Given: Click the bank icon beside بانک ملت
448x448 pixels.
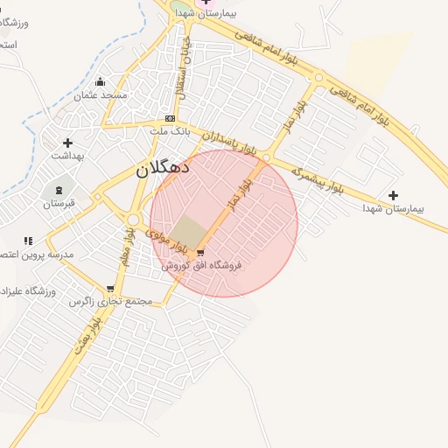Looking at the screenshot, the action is pyautogui.click(x=170, y=119).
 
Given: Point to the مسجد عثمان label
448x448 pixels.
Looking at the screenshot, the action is pyautogui.click(x=101, y=94).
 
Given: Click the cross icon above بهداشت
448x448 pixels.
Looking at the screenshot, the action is pyautogui.click(x=67, y=143).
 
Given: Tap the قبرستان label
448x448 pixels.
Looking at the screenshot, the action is pyautogui.click(x=59, y=204).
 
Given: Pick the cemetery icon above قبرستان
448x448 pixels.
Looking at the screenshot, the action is pyautogui.click(x=59, y=190).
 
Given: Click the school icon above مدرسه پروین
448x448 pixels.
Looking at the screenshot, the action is pyautogui.click(x=28, y=241).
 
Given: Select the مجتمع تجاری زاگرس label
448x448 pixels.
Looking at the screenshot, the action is pyautogui.click(x=111, y=301).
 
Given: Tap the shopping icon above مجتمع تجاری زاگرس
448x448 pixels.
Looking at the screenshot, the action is pyautogui.click(x=110, y=288).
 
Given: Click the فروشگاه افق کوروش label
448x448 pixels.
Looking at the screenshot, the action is pyautogui.click(x=200, y=264).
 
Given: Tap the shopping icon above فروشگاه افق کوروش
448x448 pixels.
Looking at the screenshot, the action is pyautogui.click(x=200, y=252).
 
